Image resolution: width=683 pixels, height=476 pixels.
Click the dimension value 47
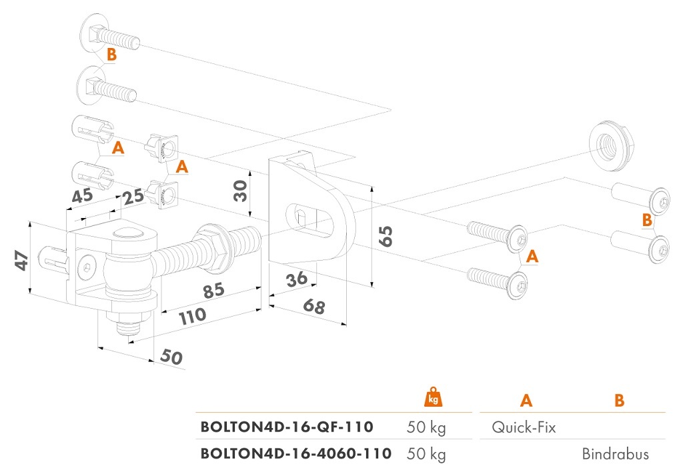coord(22,260)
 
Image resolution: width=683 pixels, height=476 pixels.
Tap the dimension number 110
coord(193,316)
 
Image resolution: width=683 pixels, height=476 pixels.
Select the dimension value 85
coord(214,290)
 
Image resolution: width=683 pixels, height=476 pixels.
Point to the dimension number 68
coord(314,306)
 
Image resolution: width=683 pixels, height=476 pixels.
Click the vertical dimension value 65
coord(386,237)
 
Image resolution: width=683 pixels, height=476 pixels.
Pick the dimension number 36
coord(297,279)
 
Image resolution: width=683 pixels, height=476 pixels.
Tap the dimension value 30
coord(240,191)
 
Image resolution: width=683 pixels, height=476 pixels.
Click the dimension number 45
coord(82,195)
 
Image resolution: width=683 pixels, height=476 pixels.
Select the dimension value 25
coord(133,197)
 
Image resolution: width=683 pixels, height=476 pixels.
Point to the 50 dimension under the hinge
coord(171,357)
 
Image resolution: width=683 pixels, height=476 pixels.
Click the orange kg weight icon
coord(433,397)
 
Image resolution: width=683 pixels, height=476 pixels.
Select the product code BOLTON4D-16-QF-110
coord(287,427)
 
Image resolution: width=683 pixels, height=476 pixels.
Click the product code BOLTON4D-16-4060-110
coord(295,454)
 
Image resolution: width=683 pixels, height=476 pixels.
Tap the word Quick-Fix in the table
coord(524,427)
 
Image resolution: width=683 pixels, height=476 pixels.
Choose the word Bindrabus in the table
coord(616,454)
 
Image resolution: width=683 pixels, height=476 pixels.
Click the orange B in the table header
coord(620,400)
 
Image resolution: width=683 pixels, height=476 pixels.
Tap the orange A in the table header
coord(526,400)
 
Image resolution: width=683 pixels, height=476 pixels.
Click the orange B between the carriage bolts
coord(112,55)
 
